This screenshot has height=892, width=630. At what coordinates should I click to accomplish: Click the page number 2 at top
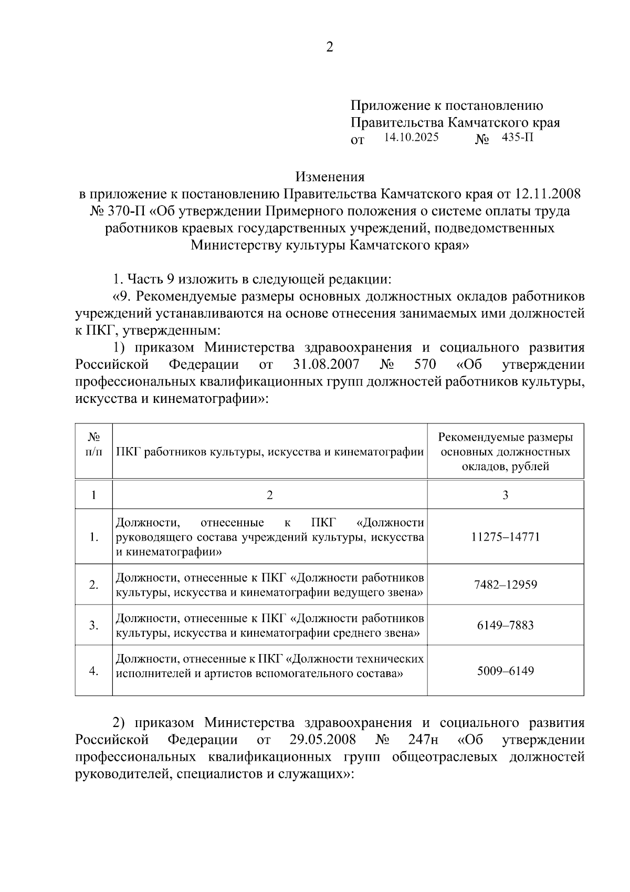pos(329,47)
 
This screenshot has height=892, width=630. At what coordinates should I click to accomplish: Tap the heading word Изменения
pos(329,177)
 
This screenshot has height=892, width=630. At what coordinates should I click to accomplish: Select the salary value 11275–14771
pos(505,537)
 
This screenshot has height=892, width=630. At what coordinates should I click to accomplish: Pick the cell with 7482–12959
pos(505,585)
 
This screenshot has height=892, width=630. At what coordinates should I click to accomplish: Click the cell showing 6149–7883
pos(505,625)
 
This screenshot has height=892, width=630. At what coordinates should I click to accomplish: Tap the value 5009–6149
pos(505,671)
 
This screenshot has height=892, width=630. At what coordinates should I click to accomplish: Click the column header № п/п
pos(93,444)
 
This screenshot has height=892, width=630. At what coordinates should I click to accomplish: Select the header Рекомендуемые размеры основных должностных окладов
pos(505,452)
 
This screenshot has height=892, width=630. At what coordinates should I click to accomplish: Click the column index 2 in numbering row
pos(269,495)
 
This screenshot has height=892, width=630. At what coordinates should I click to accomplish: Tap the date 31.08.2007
pos(324,365)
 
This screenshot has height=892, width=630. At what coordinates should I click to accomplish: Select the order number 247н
pos(423,740)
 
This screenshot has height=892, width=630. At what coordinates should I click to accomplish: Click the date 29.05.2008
pos(322,740)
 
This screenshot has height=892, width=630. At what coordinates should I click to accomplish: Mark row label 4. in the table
pos(94,671)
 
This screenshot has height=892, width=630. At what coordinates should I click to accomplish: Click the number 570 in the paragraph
pos(425,365)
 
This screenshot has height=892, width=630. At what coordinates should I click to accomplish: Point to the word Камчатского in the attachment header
pos(490,123)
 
